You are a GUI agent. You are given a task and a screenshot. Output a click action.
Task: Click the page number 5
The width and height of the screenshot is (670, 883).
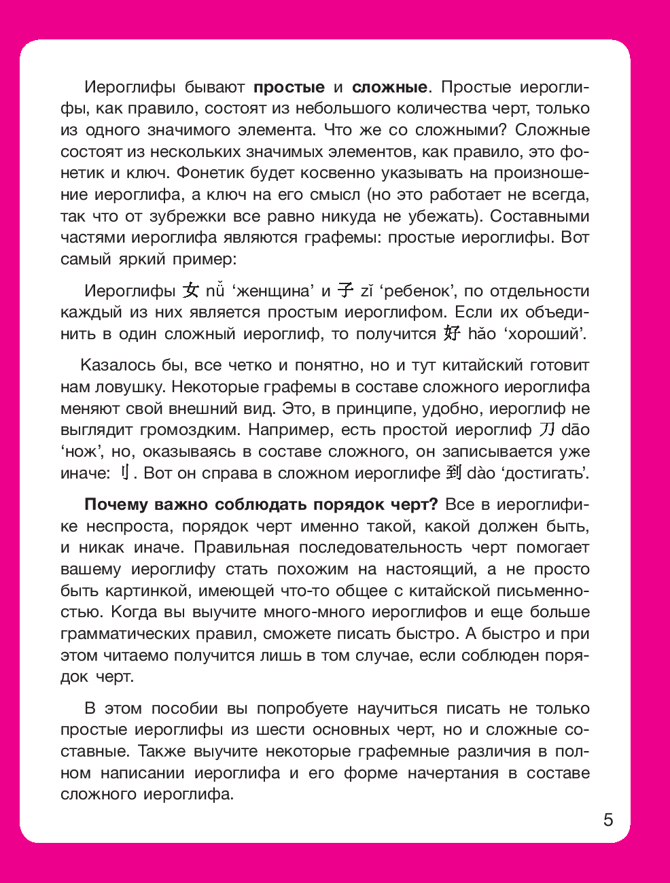point(607,820)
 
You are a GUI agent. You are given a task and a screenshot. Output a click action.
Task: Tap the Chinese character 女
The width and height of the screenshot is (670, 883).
point(191,291)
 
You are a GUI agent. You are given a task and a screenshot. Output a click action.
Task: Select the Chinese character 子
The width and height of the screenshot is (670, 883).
point(346,291)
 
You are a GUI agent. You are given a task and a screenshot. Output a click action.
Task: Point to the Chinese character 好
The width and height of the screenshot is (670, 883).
point(451,334)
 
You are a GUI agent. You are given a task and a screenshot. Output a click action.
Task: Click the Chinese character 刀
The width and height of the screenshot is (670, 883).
point(547,430)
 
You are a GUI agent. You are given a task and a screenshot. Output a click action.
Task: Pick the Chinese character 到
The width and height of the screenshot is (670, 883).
point(453,473)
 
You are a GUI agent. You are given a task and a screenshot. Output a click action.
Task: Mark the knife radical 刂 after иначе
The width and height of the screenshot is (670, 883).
point(124,473)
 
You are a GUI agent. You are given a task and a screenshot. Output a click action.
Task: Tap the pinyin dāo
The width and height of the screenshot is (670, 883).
point(575,430)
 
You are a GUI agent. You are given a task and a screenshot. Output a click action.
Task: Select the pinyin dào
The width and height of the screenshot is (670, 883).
point(481,473)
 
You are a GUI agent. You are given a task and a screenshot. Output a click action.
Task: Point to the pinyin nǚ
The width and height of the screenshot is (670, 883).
point(215,291)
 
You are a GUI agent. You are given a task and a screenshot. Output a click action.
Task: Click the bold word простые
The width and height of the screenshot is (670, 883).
point(289,87)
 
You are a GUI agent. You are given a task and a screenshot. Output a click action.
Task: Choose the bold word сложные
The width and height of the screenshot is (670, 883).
point(389,87)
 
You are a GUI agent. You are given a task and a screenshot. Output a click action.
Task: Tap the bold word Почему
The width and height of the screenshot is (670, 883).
point(116,504)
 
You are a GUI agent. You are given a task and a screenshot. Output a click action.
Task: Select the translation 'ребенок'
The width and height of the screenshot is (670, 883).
point(416,291)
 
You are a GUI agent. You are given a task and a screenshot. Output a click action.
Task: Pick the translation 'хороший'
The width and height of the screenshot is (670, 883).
point(547,334)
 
